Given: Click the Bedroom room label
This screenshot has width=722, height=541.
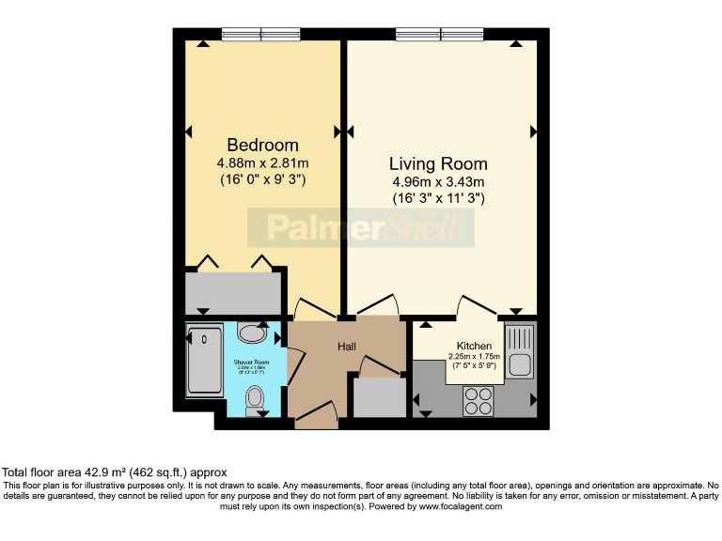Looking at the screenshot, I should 262,146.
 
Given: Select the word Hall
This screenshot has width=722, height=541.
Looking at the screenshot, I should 347,347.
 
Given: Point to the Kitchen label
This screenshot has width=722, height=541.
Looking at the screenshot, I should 474,346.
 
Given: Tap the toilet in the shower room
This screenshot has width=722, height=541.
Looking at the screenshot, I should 255,400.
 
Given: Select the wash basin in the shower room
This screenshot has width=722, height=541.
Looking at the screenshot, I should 252,332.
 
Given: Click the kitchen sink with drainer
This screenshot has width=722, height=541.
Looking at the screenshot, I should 519,351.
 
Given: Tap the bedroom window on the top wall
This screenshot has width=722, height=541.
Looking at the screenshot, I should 261,35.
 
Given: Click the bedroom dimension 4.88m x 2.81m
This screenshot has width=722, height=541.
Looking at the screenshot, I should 262,162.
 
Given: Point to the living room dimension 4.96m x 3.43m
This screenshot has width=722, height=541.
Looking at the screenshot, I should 439,182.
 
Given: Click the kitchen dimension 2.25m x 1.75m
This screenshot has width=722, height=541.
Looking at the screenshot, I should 474,357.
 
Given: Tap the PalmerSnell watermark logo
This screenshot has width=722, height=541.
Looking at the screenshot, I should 361,227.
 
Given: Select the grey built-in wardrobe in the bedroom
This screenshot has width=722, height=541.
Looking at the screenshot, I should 234,292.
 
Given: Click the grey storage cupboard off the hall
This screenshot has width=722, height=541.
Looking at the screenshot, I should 378,397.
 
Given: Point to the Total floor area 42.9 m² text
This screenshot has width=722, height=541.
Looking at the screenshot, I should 114,471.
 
